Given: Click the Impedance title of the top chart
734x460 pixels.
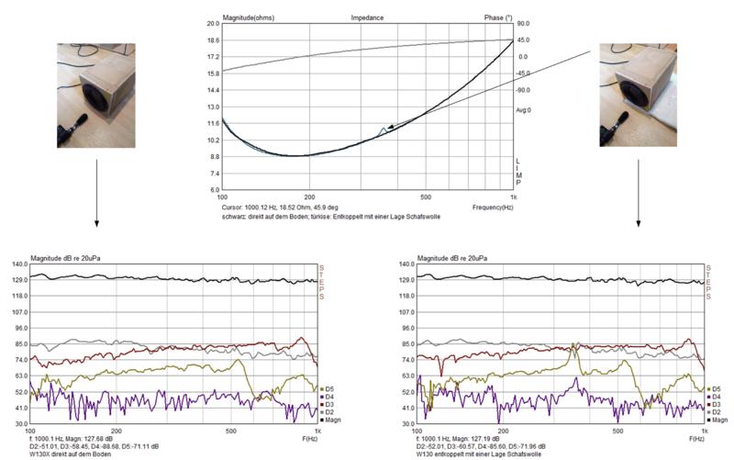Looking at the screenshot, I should click(x=367, y=17).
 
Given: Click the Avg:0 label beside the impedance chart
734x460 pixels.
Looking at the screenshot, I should click(x=524, y=109).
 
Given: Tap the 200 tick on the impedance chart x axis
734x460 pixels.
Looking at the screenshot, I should click(x=309, y=197).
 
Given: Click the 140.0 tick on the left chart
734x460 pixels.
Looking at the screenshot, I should click(x=19, y=264).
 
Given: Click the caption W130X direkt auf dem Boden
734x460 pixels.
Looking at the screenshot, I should click(x=72, y=454).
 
